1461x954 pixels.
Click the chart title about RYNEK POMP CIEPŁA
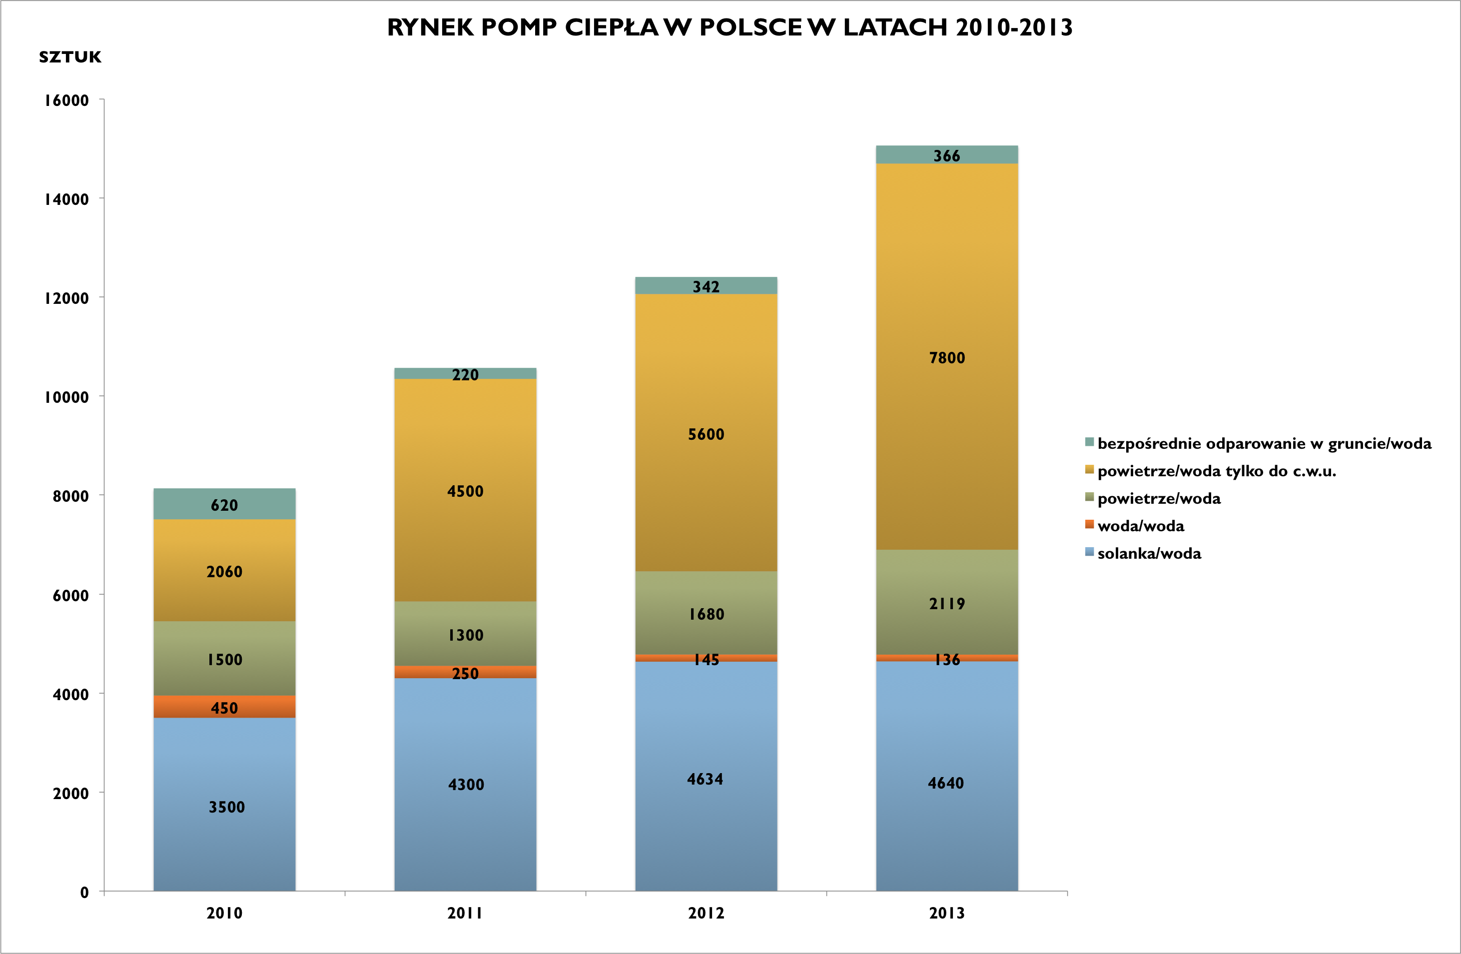pos(730,27)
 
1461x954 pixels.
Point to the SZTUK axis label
pos(69,57)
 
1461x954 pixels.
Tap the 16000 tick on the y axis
pos(66,100)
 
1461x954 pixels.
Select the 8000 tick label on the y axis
pos(70,496)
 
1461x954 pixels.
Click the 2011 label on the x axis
pos(465,913)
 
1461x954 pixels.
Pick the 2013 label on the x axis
pos(946,913)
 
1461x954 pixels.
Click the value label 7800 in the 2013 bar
pos(946,358)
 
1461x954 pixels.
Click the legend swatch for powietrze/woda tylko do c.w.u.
pos(1090,470)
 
